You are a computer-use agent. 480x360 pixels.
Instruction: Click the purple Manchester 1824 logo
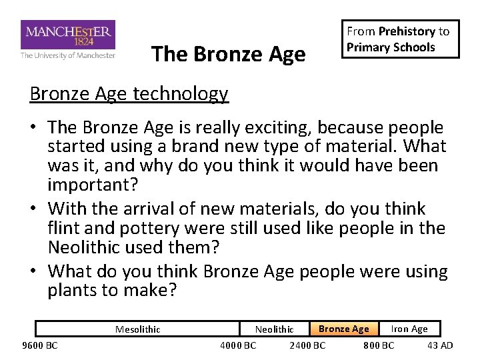tap(68, 34)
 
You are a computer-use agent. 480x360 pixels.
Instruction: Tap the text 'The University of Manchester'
tap(68, 55)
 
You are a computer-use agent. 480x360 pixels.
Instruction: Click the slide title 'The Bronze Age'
tap(228, 53)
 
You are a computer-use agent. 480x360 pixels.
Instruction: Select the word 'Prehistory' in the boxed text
tap(407, 31)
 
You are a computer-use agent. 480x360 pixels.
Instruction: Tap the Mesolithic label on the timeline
tap(137, 329)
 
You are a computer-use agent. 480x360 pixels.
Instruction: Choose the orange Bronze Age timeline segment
tap(343, 329)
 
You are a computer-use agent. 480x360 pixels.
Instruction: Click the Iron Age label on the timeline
tap(409, 329)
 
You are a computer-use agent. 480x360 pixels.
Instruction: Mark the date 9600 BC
tap(40, 345)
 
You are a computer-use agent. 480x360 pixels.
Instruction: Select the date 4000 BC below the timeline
tap(238, 345)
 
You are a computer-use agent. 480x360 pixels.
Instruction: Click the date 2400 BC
tap(307, 345)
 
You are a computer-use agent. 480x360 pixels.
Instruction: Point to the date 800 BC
tap(378, 345)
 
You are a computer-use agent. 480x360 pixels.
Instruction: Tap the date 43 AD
tap(440, 345)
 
